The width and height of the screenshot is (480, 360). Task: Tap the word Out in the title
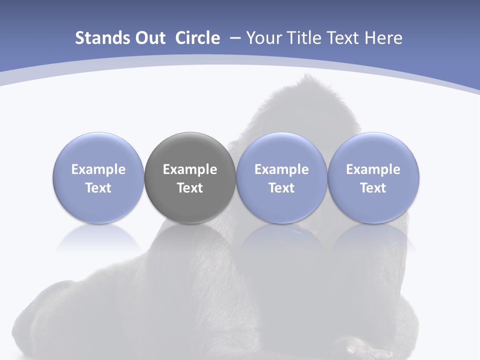tap(149, 38)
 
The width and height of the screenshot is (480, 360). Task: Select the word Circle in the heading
tap(197, 38)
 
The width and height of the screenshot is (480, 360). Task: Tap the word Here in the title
tap(385, 38)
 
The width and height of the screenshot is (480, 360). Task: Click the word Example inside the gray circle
tap(190, 169)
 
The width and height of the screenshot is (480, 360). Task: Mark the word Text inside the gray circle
tap(190, 188)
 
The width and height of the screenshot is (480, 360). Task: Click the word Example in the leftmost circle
tap(98, 169)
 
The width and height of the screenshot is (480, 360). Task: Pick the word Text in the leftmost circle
tap(98, 188)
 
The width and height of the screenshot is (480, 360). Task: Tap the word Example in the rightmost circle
tap(373, 169)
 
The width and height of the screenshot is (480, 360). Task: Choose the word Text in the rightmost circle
tap(373, 188)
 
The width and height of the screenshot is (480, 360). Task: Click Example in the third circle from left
tap(281, 169)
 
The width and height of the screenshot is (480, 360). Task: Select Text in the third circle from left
tap(281, 188)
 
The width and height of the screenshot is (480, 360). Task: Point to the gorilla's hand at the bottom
tap(362, 347)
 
